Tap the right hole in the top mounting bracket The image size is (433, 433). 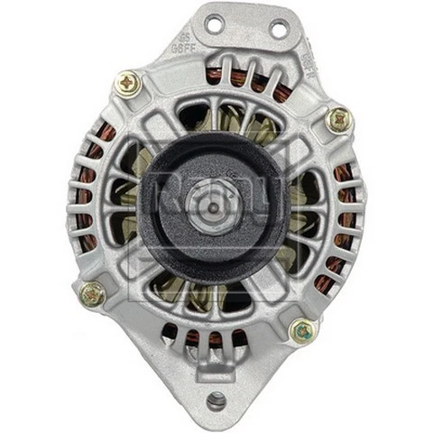click(x=278, y=31)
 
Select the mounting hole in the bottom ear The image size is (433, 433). click(x=216, y=399)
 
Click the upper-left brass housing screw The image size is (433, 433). click(x=127, y=84)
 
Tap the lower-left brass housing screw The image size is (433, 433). click(x=92, y=293)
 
